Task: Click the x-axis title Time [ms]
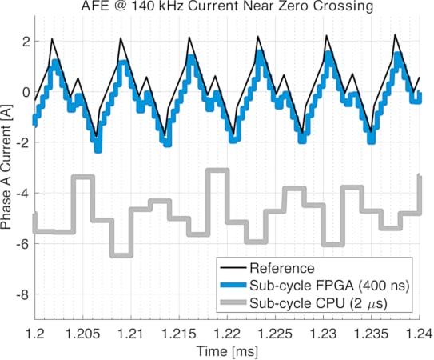226,350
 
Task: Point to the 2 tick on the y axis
25,41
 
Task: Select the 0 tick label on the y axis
25,91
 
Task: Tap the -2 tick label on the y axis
22,142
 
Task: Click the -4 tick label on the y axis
22,193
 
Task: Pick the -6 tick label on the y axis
22,243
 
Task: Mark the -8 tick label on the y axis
22,294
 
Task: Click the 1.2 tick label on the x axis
34,330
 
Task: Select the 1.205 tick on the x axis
82,330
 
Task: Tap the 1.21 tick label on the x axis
130,330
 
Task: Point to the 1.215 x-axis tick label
178,330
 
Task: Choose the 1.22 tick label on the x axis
226,330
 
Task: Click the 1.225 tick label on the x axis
274,330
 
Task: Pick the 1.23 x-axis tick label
322,330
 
